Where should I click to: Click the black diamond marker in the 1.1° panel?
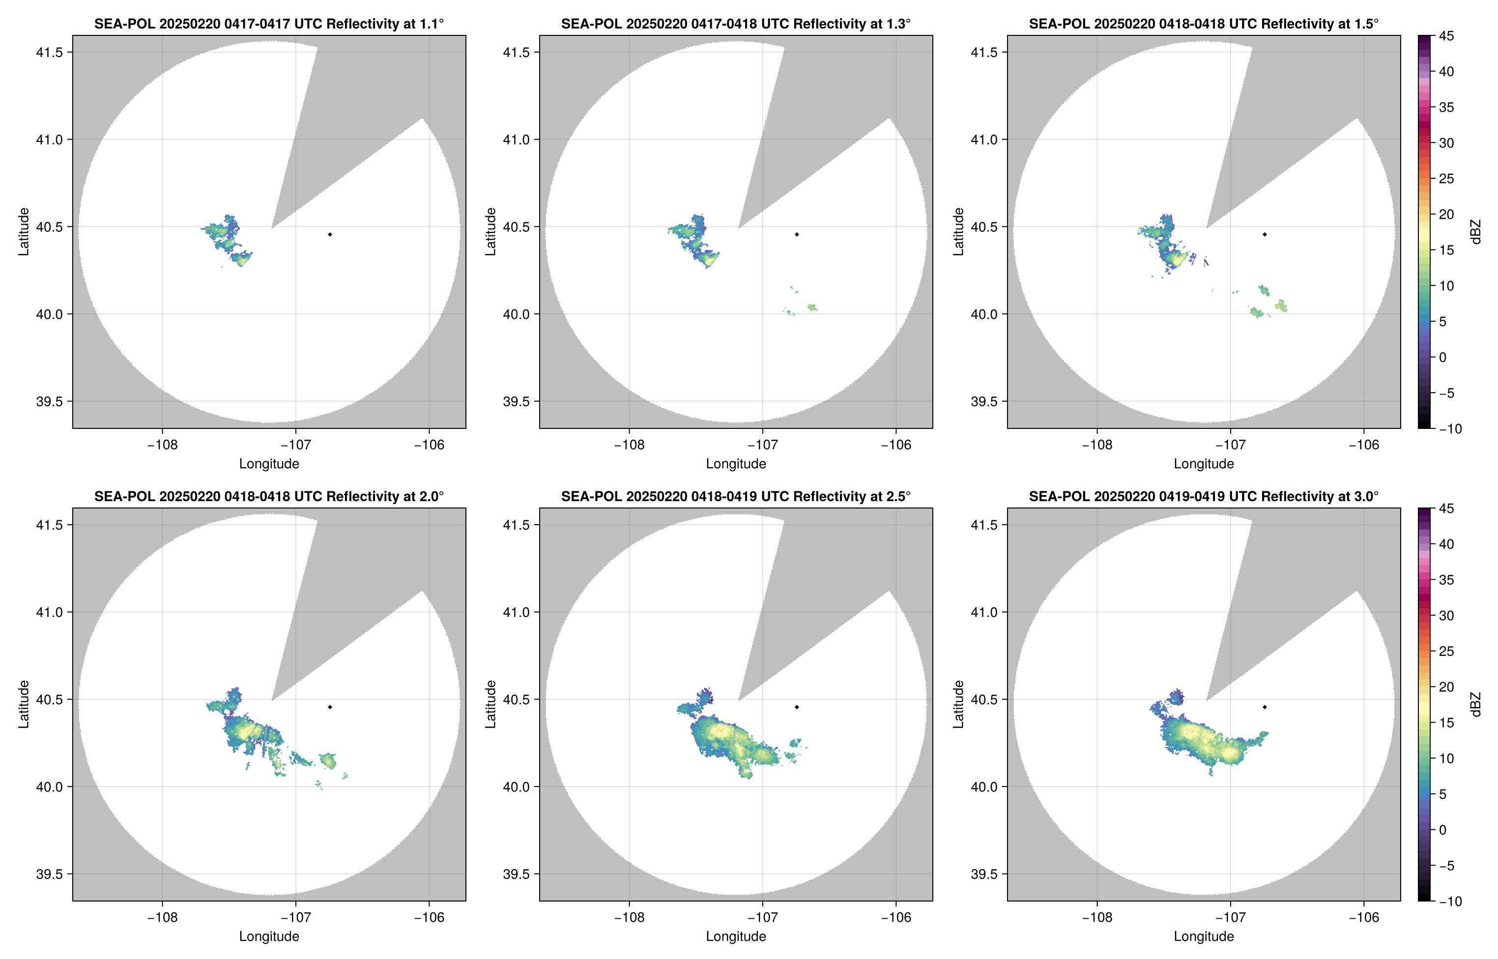[x=329, y=234]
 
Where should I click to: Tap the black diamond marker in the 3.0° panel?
[x=1265, y=707]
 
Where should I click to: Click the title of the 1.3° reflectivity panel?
[x=736, y=24]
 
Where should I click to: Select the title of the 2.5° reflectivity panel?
[x=736, y=496]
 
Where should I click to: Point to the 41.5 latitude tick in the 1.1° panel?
[x=49, y=52]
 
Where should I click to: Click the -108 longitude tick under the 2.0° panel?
[x=162, y=917]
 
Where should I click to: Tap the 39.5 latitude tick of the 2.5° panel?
[x=517, y=874]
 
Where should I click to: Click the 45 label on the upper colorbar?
[x=1446, y=36]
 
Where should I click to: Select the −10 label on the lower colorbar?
[x=1450, y=901]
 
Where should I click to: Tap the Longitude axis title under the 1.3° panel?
[x=736, y=463]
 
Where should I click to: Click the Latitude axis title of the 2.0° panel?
[x=24, y=704]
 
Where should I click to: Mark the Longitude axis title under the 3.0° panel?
[x=1204, y=936]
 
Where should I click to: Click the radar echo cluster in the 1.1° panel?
[x=228, y=240]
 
